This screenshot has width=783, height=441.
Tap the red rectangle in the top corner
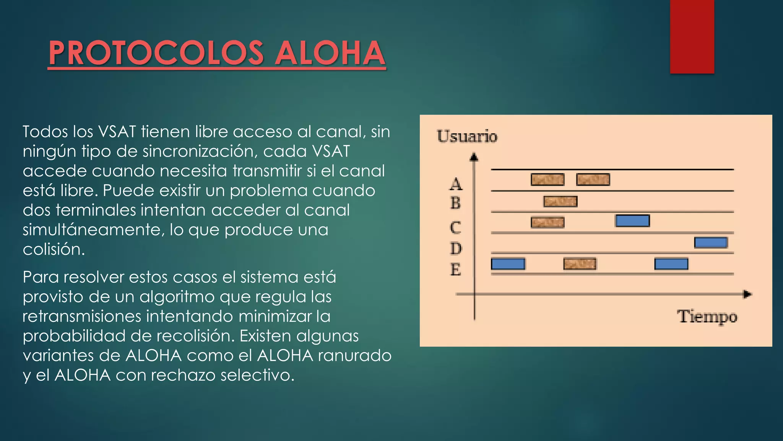point(692,36)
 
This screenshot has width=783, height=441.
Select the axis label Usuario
point(467,136)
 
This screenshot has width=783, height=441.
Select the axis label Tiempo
point(707,317)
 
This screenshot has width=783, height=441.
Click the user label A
point(455,184)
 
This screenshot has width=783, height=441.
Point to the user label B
point(455,203)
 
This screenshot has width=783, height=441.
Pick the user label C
point(455,227)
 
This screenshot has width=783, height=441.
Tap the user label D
point(456,249)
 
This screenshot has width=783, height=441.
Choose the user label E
point(455,269)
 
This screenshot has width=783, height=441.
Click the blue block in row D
point(711,243)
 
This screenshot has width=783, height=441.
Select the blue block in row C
point(632,221)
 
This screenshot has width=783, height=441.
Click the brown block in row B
point(560,201)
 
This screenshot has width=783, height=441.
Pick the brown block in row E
point(580,264)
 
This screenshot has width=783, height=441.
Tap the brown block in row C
point(547,222)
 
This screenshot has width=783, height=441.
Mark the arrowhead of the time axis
point(747,294)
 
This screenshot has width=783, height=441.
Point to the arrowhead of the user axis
point(474,157)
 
